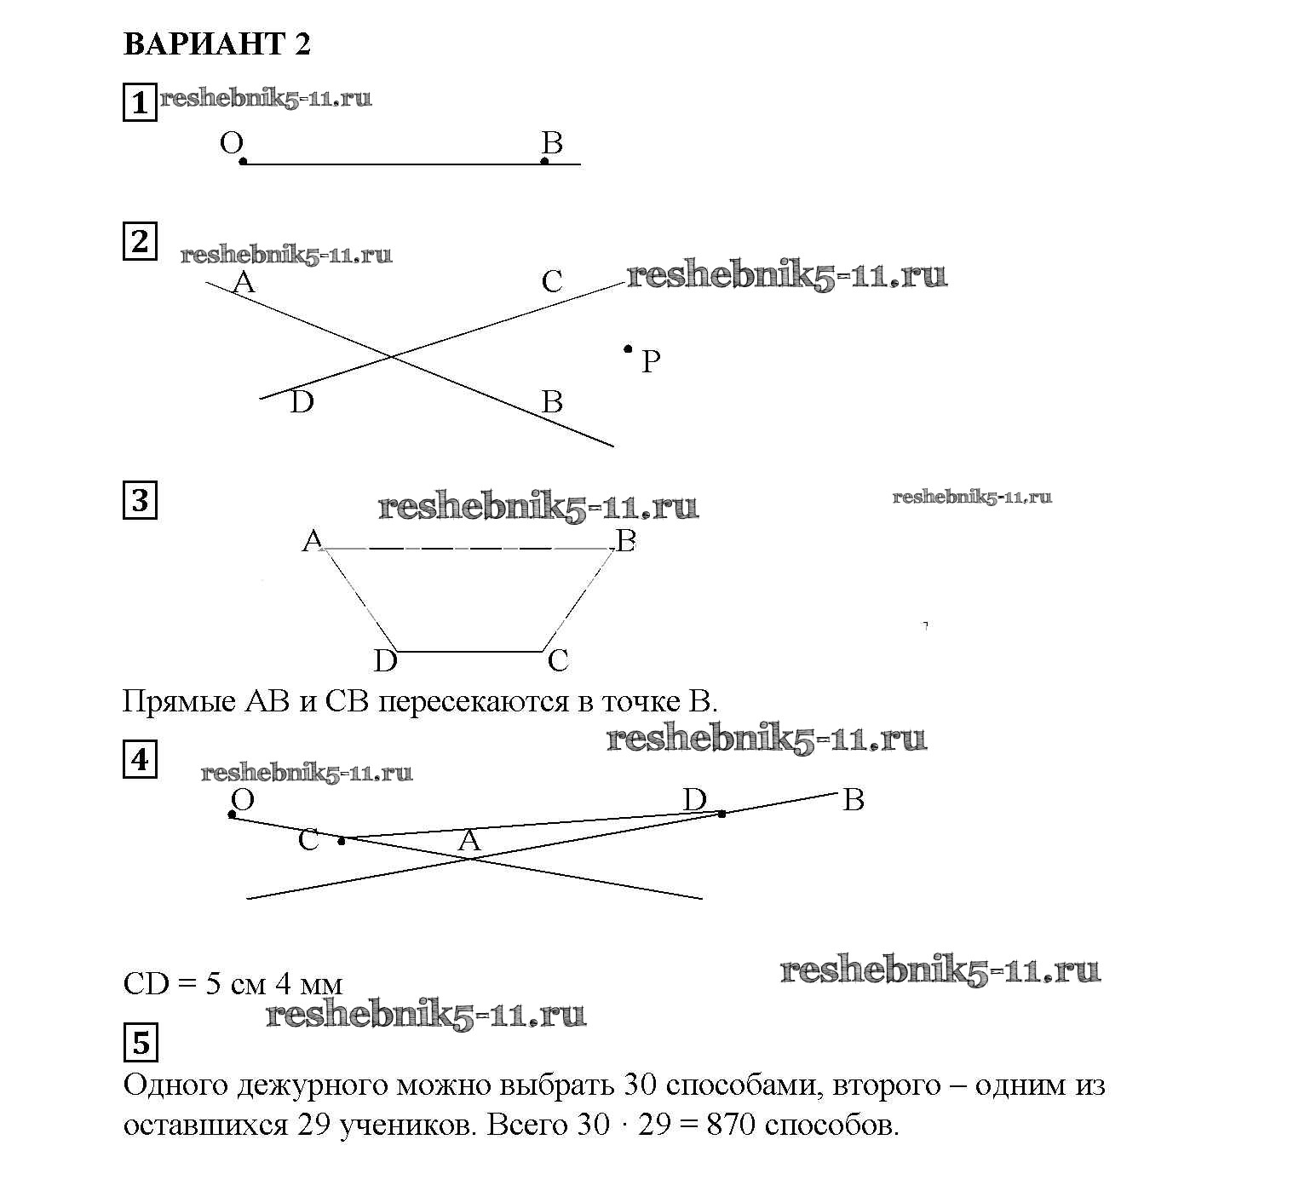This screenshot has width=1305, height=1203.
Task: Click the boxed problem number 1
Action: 140,103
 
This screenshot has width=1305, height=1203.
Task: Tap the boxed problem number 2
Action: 140,242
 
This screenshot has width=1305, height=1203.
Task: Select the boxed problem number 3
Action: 140,500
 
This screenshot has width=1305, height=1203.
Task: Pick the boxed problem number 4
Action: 140,759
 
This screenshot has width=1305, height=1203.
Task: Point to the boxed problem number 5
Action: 141,1042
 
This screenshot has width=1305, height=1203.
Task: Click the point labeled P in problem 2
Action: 628,348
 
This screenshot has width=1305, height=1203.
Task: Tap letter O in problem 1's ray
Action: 231,143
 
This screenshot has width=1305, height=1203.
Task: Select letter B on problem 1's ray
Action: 552,143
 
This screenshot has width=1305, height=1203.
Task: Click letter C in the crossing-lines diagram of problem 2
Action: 552,282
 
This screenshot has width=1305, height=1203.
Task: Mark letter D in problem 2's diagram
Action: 302,402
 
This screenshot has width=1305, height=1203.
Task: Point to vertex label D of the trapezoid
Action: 385,660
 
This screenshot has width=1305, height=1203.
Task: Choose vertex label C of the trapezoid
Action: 558,660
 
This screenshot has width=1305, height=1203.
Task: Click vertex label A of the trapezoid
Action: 312,540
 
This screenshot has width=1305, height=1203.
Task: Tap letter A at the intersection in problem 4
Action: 469,842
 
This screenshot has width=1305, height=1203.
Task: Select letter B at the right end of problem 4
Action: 853,800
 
